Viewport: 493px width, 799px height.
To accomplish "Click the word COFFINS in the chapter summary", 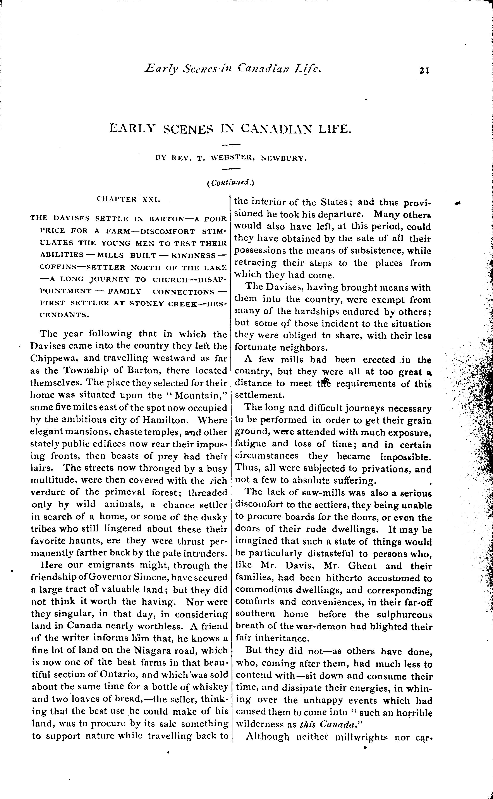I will pos(55,267).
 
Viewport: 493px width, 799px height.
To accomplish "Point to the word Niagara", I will pos(151,650).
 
